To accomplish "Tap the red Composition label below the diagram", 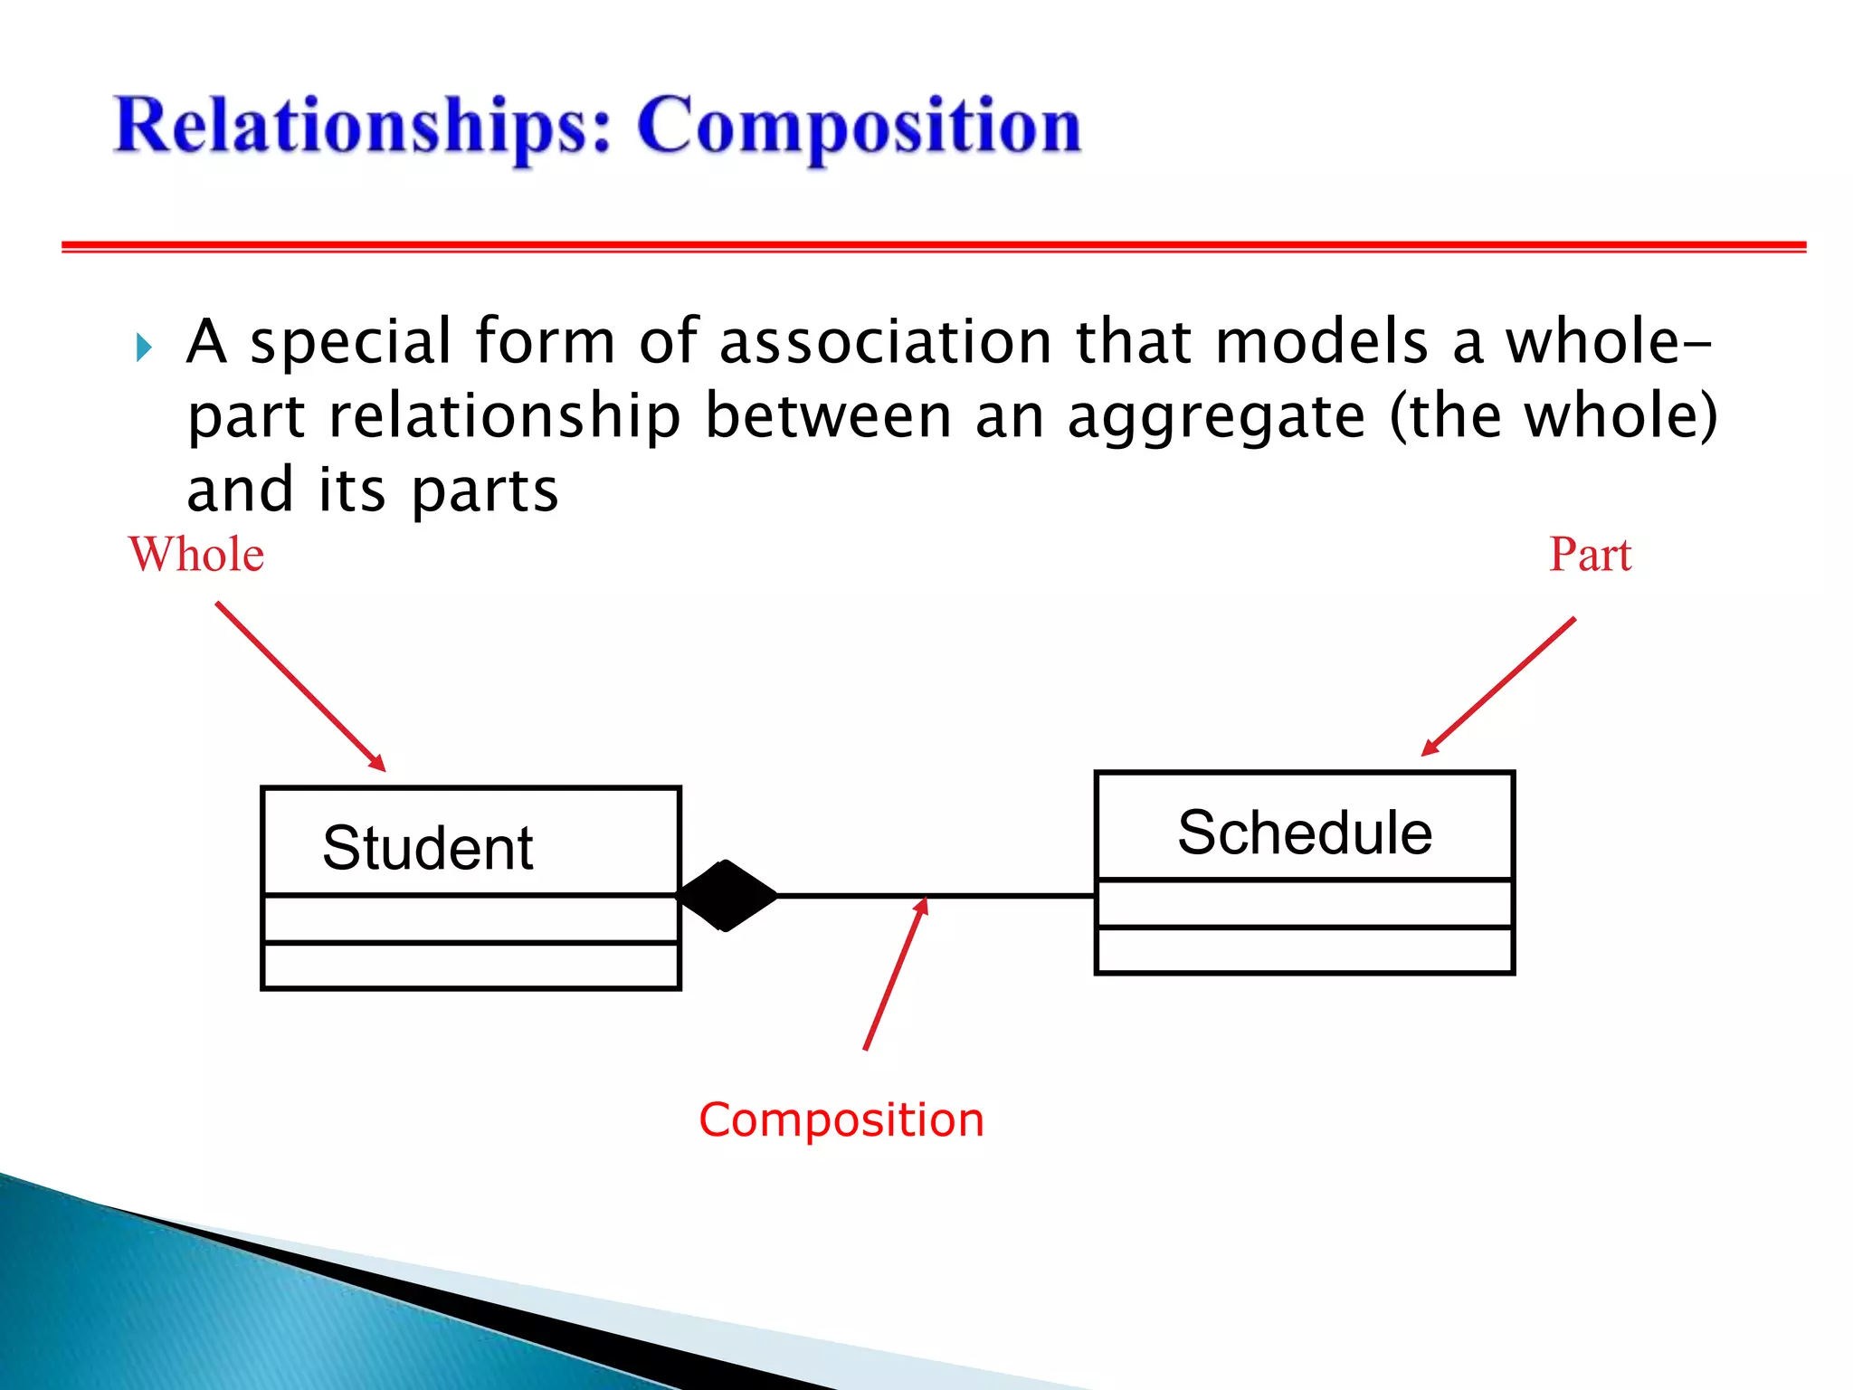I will [x=841, y=1120].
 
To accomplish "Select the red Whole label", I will [x=196, y=554].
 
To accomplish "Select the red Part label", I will [x=1590, y=554].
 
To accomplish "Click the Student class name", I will [x=427, y=848].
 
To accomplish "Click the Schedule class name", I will [x=1304, y=833].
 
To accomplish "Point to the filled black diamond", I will [x=727, y=895].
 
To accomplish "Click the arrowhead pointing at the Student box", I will [x=377, y=763].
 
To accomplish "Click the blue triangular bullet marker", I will [x=143, y=347].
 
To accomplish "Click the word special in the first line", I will [x=350, y=342].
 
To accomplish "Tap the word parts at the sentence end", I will [x=485, y=491].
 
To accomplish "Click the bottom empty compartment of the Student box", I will [x=470, y=966].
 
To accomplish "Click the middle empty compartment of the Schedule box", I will [x=1304, y=903].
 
